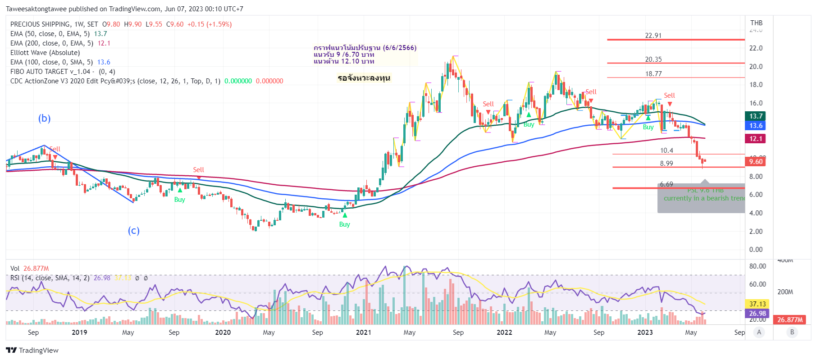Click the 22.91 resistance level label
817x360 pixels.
(653, 36)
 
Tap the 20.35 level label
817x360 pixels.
(653, 59)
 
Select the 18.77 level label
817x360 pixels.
(653, 74)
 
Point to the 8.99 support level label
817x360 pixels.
(666, 164)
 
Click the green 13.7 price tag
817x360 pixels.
(756, 116)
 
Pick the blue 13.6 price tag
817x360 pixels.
(756, 126)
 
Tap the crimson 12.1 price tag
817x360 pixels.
(756, 139)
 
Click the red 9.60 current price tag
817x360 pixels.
(756, 162)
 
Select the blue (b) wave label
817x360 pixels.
(44, 118)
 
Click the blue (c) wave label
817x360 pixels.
(133, 231)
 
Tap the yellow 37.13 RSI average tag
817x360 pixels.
(757, 304)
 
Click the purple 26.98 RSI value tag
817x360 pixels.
(757, 314)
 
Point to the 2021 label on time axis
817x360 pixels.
(363, 333)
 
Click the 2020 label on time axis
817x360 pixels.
(223, 333)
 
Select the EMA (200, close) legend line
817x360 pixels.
(60, 43)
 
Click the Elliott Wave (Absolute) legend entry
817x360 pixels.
(45, 53)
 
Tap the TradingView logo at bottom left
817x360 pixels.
(32, 351)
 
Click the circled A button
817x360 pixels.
(759, 333)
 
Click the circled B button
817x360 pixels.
(792, 333)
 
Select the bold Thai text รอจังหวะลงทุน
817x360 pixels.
(364, 78)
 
